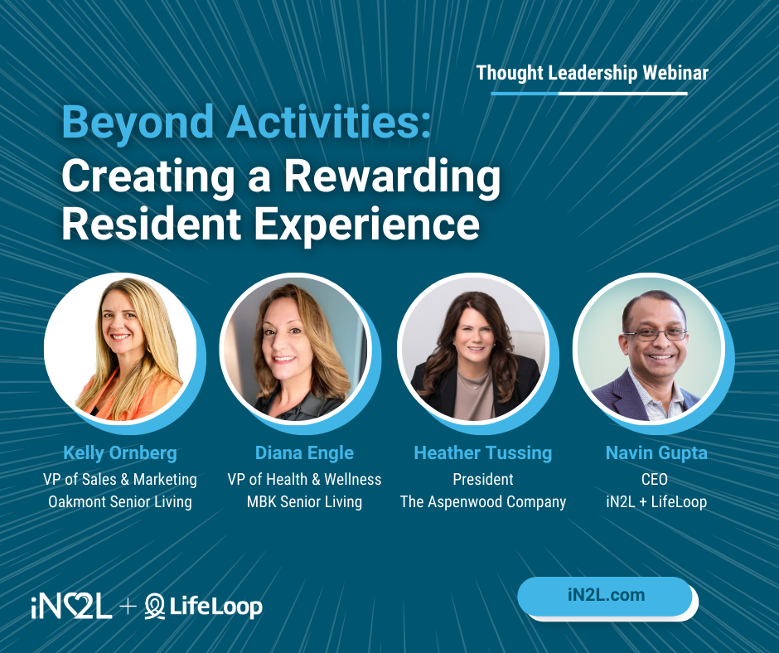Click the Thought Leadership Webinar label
(x=592, y=73)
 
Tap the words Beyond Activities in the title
(x=246, y=122)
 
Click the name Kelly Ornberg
(x=120, y=452)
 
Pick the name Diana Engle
(x=304, y=452)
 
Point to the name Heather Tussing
(x=482, y=452)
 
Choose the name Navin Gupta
(x=655, y=452)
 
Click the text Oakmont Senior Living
(x=120, y=501)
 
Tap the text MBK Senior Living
(x=304, y=501)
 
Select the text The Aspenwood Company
(x=482, y=501)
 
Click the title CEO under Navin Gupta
(x=655, y=479)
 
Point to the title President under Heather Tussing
(x=482, y=479)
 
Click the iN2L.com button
(x=605, y=595)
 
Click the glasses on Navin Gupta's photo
(x=655, y=334)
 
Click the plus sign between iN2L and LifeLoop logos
(x=128, y=607)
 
